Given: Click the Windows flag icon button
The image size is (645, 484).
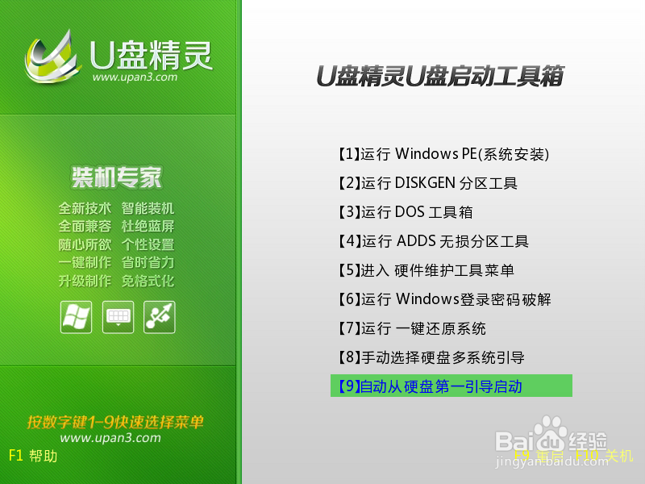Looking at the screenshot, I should (76, 316).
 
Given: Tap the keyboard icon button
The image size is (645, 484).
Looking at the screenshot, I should (118, 316).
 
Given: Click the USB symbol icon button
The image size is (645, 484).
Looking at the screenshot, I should (159, 316).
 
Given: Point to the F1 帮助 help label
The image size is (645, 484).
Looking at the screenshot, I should (33, 456).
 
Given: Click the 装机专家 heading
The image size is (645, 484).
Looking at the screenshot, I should (117, 177).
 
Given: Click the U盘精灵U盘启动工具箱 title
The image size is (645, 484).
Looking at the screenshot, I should (439, 77).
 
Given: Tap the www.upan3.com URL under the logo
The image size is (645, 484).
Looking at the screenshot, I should (135, 77).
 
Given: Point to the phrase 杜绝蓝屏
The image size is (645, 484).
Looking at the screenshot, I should (148, 227).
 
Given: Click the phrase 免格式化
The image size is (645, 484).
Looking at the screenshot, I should (148, 282).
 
